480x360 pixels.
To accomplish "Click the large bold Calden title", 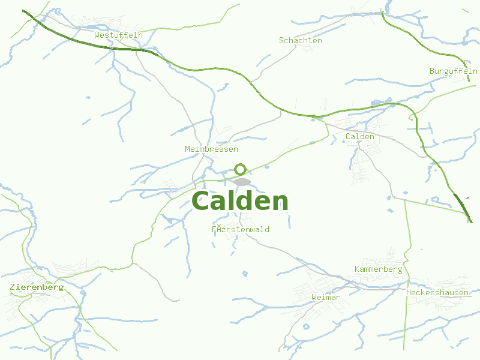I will (x=240, y=202).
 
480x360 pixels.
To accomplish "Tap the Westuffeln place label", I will (x=118, y=35).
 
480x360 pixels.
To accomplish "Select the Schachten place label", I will (x=301, y=41).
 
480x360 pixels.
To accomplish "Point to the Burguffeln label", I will (x=453, y=71).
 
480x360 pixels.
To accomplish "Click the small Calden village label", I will (x=360, y=136).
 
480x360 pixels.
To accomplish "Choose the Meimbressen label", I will (x=211, y=149).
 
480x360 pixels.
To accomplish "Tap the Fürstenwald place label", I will (x=240, y=229).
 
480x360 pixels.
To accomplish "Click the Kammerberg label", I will (x=378, y=269).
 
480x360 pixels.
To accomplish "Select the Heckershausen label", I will (x=437, y=292).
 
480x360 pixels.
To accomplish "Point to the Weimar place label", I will (x=326, y=298).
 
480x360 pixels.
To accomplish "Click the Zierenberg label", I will (x=37, y=287).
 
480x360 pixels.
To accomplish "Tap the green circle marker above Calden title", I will (x=240, y=169).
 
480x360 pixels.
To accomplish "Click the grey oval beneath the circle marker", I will (x=242, y=181).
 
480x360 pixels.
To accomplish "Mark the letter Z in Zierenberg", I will (x=13, y=287).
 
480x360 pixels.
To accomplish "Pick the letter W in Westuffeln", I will (x=97, y=35).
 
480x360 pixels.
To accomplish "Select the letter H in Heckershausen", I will (x=409, y=292).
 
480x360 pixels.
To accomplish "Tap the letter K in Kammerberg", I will (x=358, y=269).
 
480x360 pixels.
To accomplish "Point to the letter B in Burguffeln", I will (x=432, y=71).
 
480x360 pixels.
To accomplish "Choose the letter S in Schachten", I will (x=282, y=41).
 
